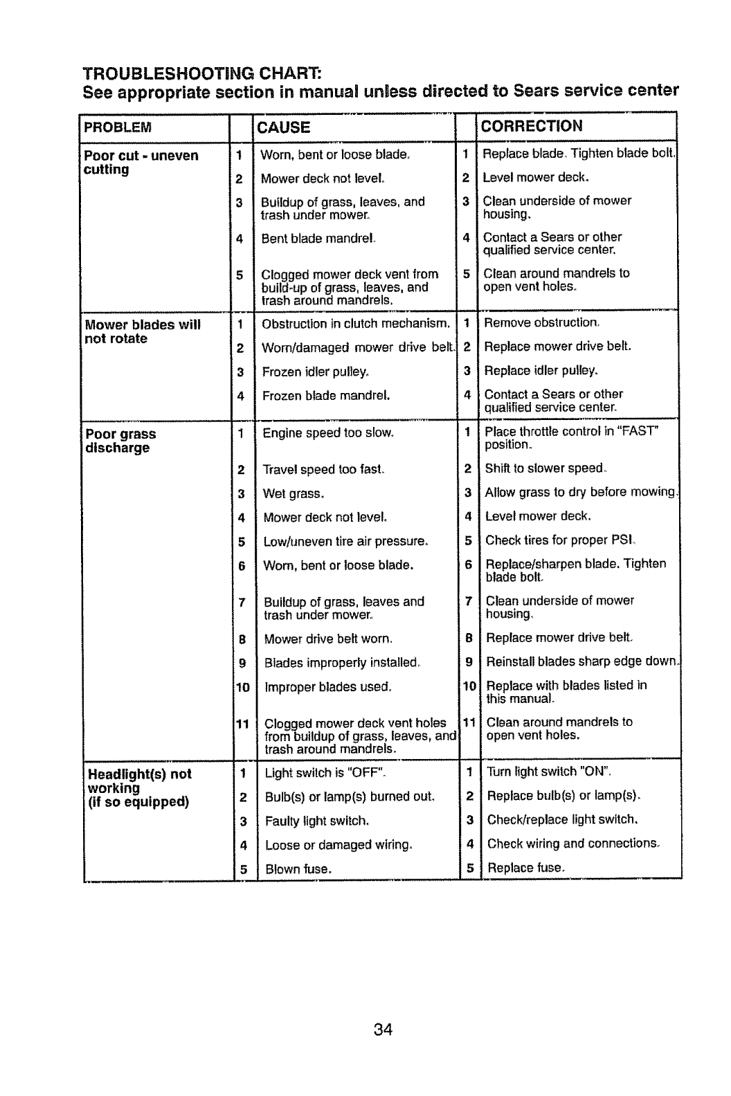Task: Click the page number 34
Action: (383, 1030)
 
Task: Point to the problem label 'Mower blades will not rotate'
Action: (142, 331)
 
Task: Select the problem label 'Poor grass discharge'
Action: (120, 441)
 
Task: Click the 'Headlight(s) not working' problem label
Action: (138, 787)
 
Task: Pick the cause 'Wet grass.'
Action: (294, 494)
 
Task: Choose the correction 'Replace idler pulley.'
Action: (541, 370)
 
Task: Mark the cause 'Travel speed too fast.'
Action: (323, 470)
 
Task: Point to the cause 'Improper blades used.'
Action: (327, 687)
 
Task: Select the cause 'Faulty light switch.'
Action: (317, 821)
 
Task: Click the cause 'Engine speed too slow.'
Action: (328, 433)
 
